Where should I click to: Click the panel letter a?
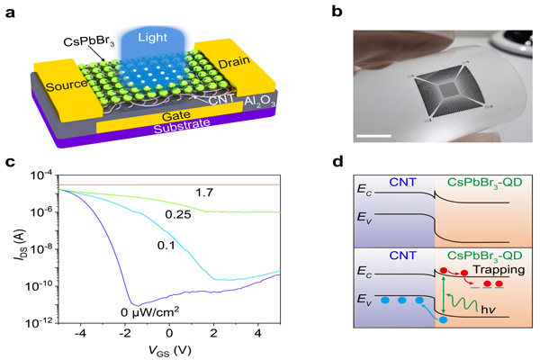pos(10,12)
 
